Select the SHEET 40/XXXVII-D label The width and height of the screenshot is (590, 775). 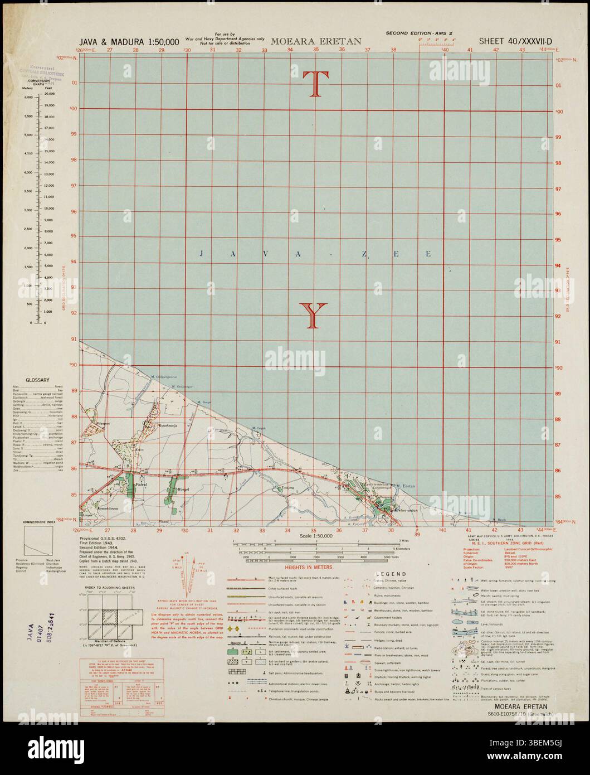(519, 41)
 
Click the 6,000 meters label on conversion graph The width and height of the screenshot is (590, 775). (28, 96)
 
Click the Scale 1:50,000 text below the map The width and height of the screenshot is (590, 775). (315, 535)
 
